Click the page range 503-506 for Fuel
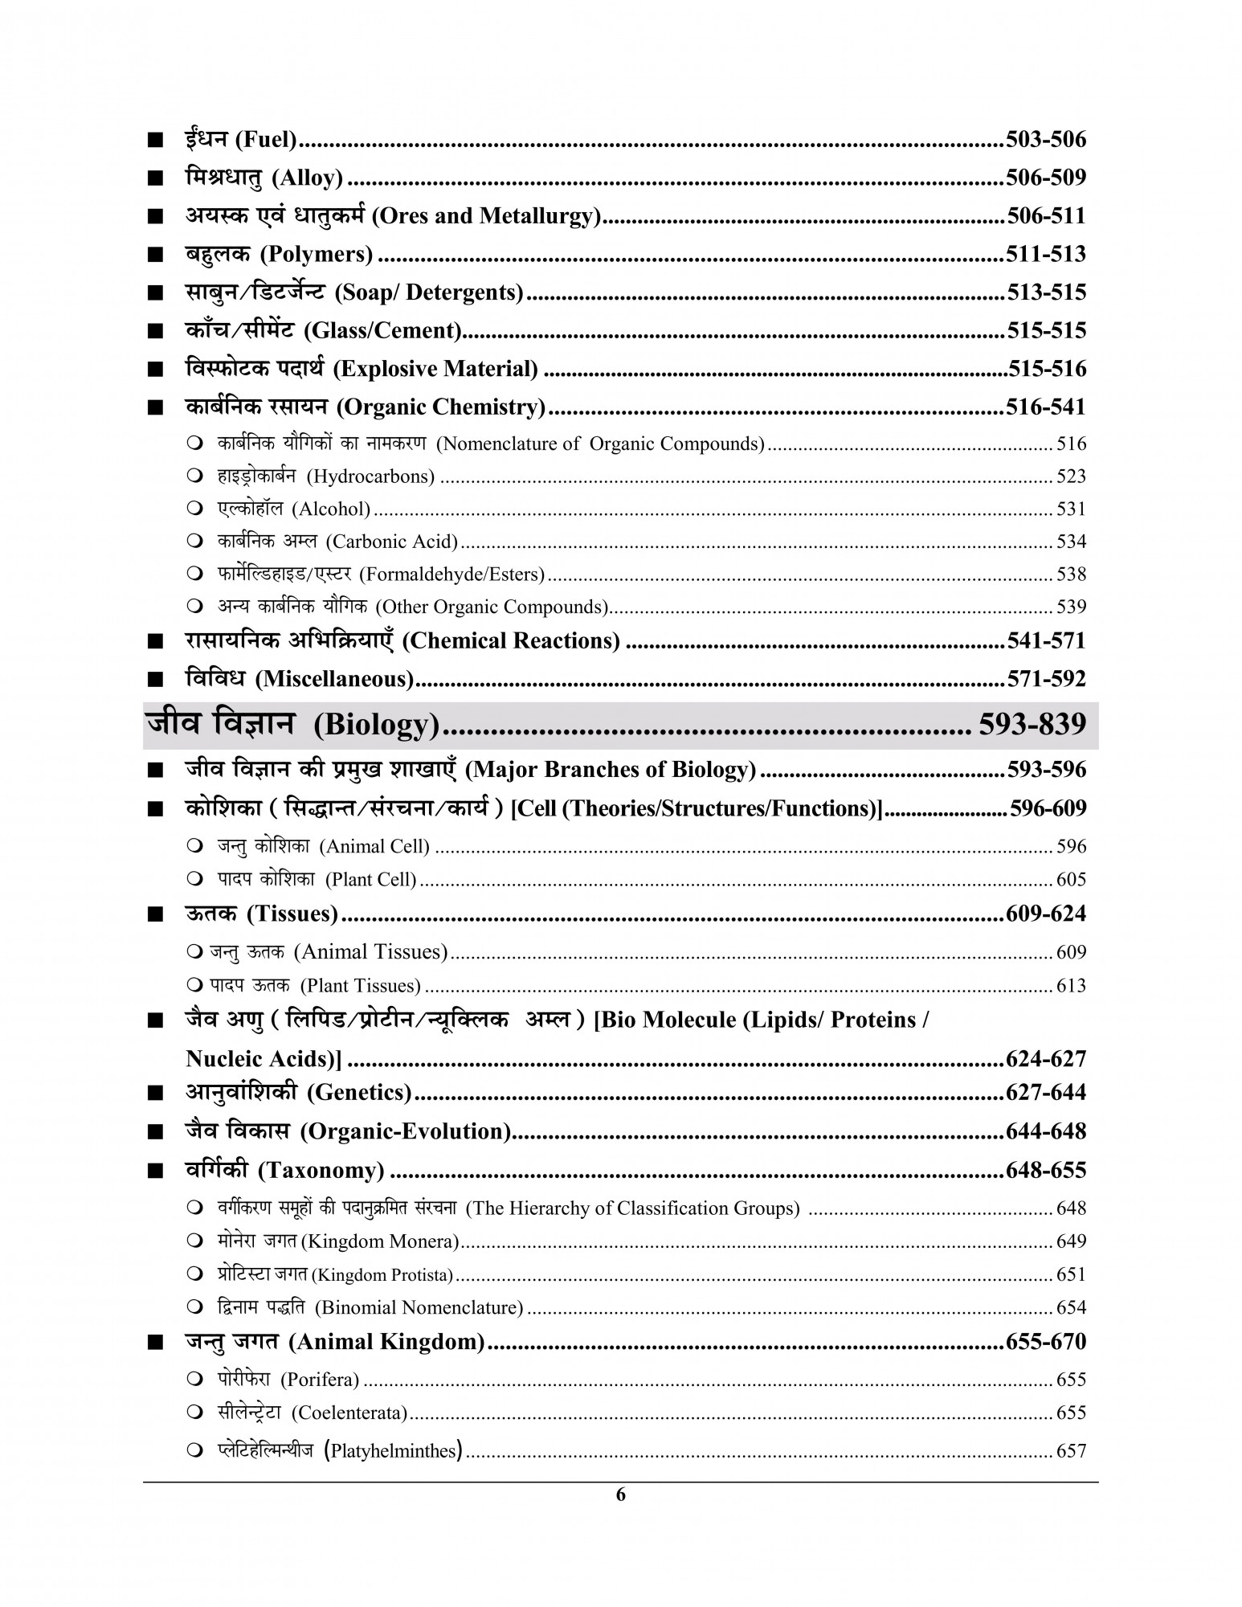tap(1045, 140)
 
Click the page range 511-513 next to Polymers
tap(1045, 255)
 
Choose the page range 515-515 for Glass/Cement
tap(1045, 331)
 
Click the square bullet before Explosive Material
tap(155, 370)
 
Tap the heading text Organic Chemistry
tap(440, 407)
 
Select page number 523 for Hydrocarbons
tap(1071, 476)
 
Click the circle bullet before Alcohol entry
tap(195, 509)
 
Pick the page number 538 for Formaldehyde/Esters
tap(1071, 575)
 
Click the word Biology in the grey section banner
tap(376, 726)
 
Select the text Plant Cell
tap(370, 880)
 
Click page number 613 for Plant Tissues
tap(1071, 986)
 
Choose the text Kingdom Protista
tap(382, 1275)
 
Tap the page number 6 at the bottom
tap(620, 1495)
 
